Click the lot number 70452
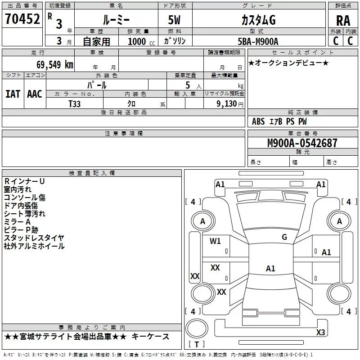point(22,19)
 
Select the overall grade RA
point(343,21)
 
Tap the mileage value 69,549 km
point(55,65)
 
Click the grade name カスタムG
point(258,20)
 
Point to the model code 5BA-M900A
point(258,41)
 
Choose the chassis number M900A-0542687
point(302,143)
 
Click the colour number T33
point(74,104)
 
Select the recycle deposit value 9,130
point(227,104)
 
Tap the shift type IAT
point(13,94)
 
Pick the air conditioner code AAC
point(35,94)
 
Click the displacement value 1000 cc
point(141,41)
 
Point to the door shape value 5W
point(174,20)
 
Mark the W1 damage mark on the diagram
point(215,241)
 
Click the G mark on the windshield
point(284,237)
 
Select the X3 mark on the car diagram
point(320,332)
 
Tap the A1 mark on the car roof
point(270,268)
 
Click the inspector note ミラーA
point(17,222)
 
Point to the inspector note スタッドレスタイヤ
point(34,238)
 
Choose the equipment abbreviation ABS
point(258,121)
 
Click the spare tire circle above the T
point(197,328)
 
